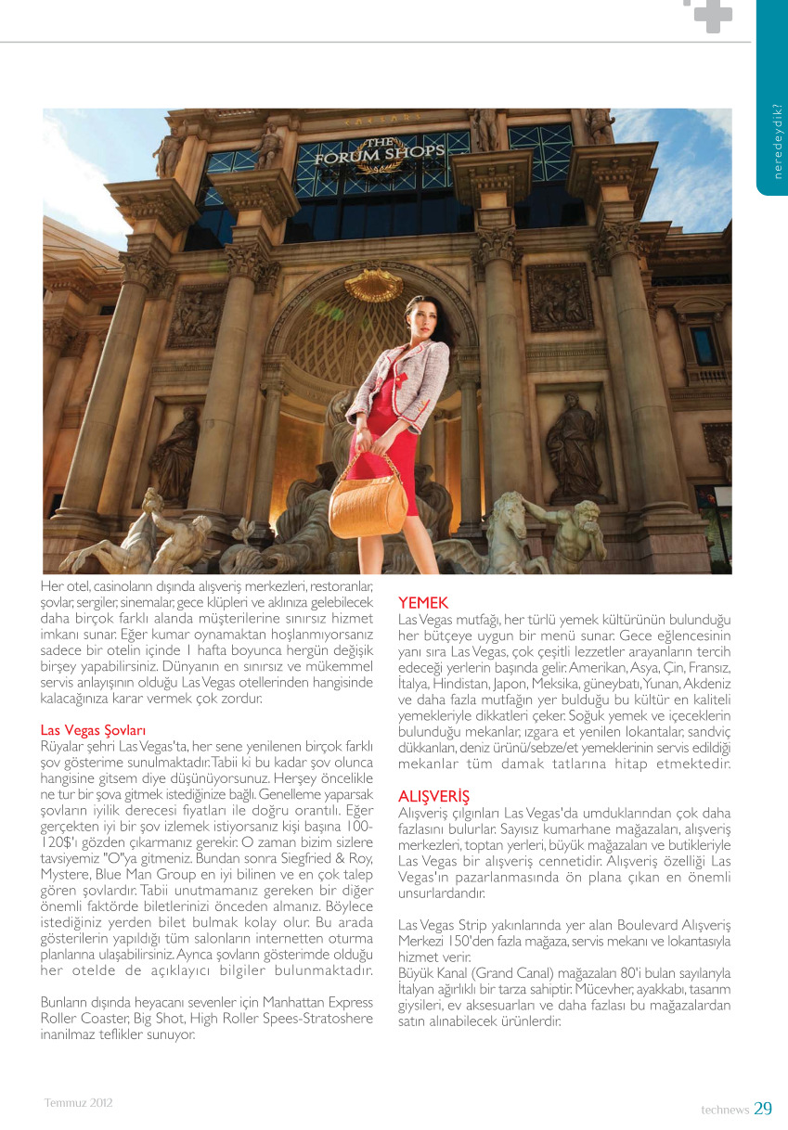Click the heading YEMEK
coord(423,603)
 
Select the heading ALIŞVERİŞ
coord(433,797)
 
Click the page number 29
coord(763,1108)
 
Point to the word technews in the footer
coord(725,1110)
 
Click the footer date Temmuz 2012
coord(79,1103)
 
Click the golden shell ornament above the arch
coord(373,285)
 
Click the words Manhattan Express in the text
coord(317,1004)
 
